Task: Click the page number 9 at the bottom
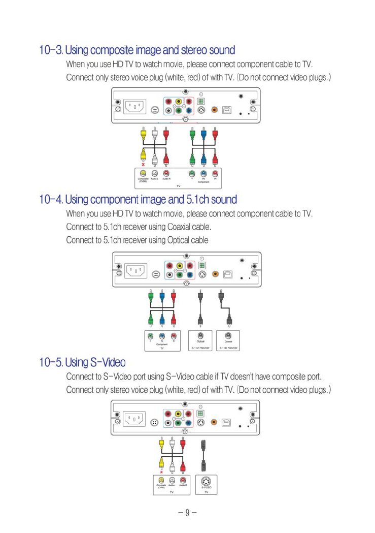[x=187, y=512]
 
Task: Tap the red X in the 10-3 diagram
[x=144, y=165]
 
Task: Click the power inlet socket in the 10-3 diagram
[x=135, y=108]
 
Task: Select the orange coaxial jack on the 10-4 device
[x=215, y=273]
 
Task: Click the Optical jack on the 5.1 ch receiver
[x=200, y=335]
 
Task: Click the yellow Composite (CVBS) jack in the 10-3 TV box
[x=144, y=173]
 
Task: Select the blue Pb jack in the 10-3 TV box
[x=203, y=173]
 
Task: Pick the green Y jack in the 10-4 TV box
[x=150, y=335]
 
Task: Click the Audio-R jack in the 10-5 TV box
[x=183, y=480]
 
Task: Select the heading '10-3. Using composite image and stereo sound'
[x=137, y=50]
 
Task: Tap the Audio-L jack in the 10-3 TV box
[x=155, y=173]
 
